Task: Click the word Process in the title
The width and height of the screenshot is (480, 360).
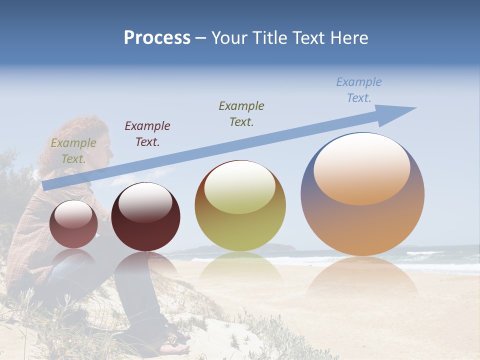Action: [157, 38]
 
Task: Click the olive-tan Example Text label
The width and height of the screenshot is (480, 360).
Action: [73, 151]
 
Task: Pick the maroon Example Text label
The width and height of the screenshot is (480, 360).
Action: [147, 133]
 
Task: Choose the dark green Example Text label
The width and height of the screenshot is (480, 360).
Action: [241, 113]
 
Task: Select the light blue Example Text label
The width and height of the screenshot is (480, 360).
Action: [358, 90]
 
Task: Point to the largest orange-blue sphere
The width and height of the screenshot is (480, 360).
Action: [362, 225]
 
